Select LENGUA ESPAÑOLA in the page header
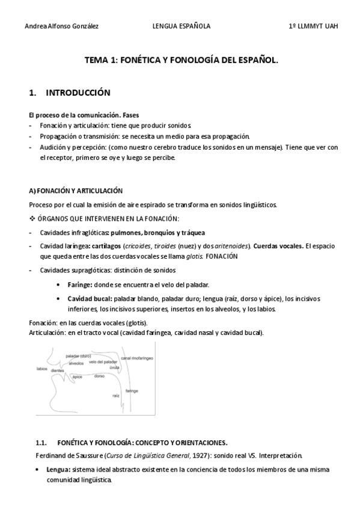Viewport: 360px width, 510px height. coord(181,26)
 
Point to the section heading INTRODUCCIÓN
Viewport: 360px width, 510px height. coord(78,93)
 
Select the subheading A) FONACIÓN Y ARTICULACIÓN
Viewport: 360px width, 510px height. coord(76,191)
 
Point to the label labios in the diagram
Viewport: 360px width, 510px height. coord(42,368)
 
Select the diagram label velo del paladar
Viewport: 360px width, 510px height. coord(102,361)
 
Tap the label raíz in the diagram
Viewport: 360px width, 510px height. coord(115,396)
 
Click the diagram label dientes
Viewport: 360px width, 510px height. coord(58,371)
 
